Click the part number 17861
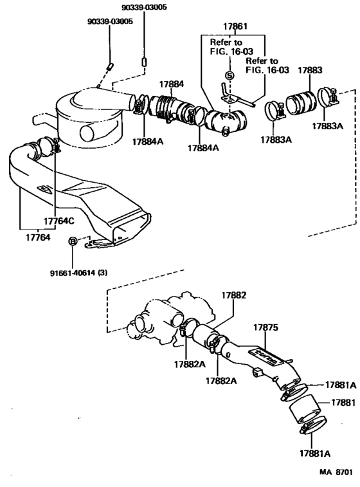pos(235,27)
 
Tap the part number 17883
pos(310,69)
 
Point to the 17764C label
pos(59,221)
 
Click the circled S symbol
pos(230,75)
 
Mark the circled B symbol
pos(73,241)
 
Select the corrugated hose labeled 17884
pos(166,107)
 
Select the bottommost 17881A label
pos(313,453)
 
